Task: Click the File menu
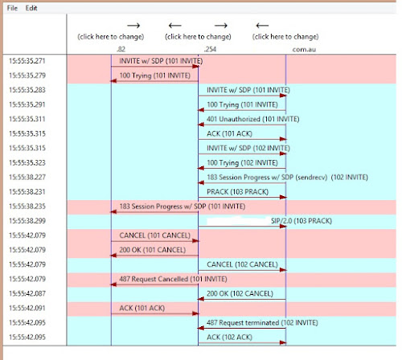12,7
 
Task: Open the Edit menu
31,7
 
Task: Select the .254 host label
210,49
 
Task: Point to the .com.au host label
303,49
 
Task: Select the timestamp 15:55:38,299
28,219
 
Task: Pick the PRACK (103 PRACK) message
232,191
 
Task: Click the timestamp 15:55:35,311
28,119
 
